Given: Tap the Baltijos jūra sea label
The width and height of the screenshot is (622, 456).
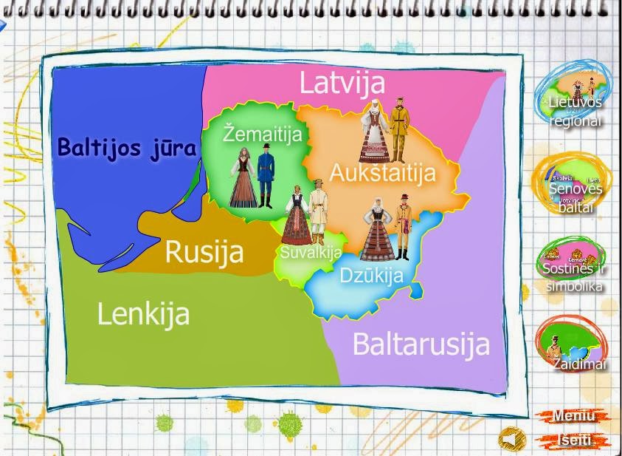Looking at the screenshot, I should pyautogui.click(x=127, y=147).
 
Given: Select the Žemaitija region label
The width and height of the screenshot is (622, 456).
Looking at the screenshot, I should pyautogui.click(x=263, y=135).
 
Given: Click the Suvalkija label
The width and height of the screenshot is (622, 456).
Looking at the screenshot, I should pyautogui.click(x=311, y=253).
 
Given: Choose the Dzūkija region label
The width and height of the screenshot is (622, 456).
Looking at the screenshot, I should pyautogui.click(x=372, y=276).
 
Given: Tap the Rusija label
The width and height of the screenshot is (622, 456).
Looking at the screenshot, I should pyautogui.click(x=204, y=251).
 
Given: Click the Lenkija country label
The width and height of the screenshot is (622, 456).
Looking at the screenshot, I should pyautogui.click(x=143, y=314).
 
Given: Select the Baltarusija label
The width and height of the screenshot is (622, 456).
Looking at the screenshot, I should pyautogui.click(x=421, y=344).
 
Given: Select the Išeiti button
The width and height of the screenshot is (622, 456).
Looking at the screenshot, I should pyautogui.click(x=575, y=440).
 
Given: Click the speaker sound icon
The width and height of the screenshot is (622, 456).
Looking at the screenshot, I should pyautogui.click(x=511, y=439).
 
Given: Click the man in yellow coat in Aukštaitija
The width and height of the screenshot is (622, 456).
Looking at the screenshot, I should pyautogui.click(x=398, y=130).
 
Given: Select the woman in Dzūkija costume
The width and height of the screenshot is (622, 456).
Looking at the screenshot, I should pyautogui.click(x=376, y=228).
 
